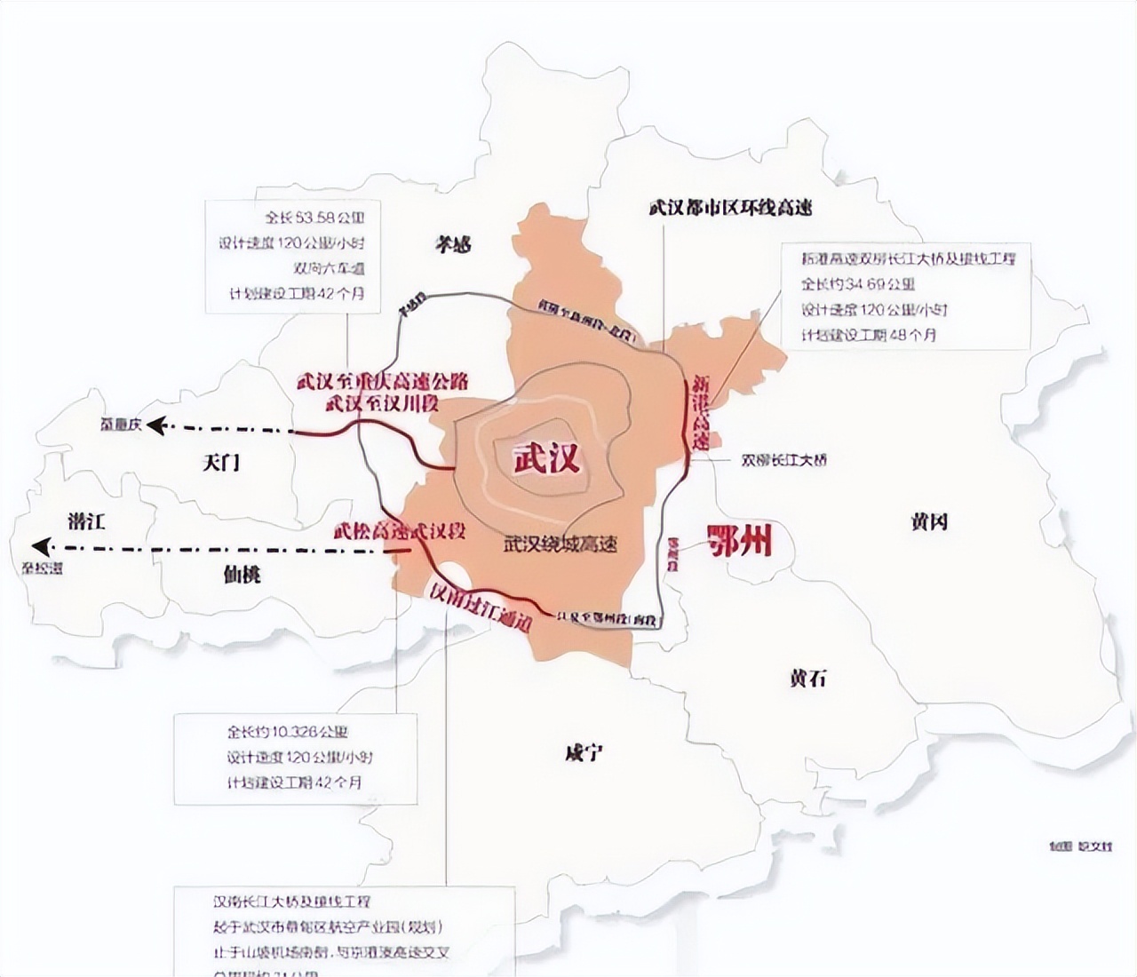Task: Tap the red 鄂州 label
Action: click(x=739, y=540)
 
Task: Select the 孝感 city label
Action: click(x=453, y=244)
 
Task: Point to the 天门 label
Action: click(x=221, y=462)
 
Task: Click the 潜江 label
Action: click(x=86, y=520)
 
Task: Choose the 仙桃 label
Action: click(x=242, y=574)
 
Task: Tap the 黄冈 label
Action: click(x=928, y=521)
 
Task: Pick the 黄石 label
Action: click(x=807, y=678)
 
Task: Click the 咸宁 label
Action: click(x=584, y=752)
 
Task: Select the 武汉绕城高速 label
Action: click(x=560, y=544)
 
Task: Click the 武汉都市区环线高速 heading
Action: click(x=730, y=208)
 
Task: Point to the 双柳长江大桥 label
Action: click(x=783, y=460)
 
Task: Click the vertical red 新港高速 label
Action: click(x=701, y=413)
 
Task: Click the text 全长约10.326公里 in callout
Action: click(x=287, y=733)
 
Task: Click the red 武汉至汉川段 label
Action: click(x=383, y=403)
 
